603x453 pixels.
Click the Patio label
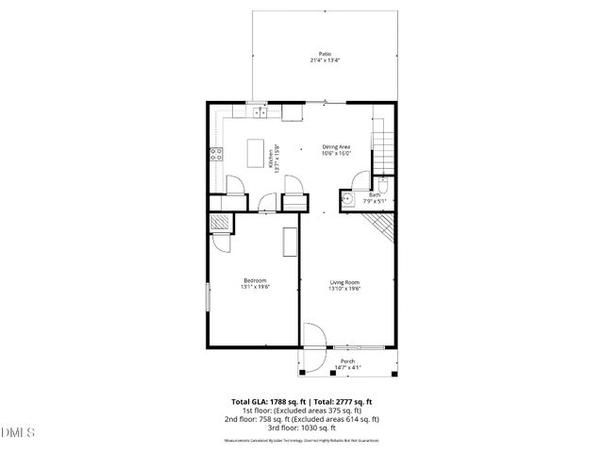(x=325, y=55)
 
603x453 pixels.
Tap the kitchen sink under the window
(x=260, y=113)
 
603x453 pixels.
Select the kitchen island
(x=254, y=153)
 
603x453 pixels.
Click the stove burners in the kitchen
(x=215, y=156)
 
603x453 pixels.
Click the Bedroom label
(x=255, y=280)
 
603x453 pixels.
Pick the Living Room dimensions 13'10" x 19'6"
(x=345, y=288)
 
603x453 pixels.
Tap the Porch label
(x=347, y=361)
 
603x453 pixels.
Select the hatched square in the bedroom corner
(x=218, y=223)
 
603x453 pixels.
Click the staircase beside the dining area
(x=382, y=146)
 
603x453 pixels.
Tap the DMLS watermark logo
(x=18, y=433)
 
